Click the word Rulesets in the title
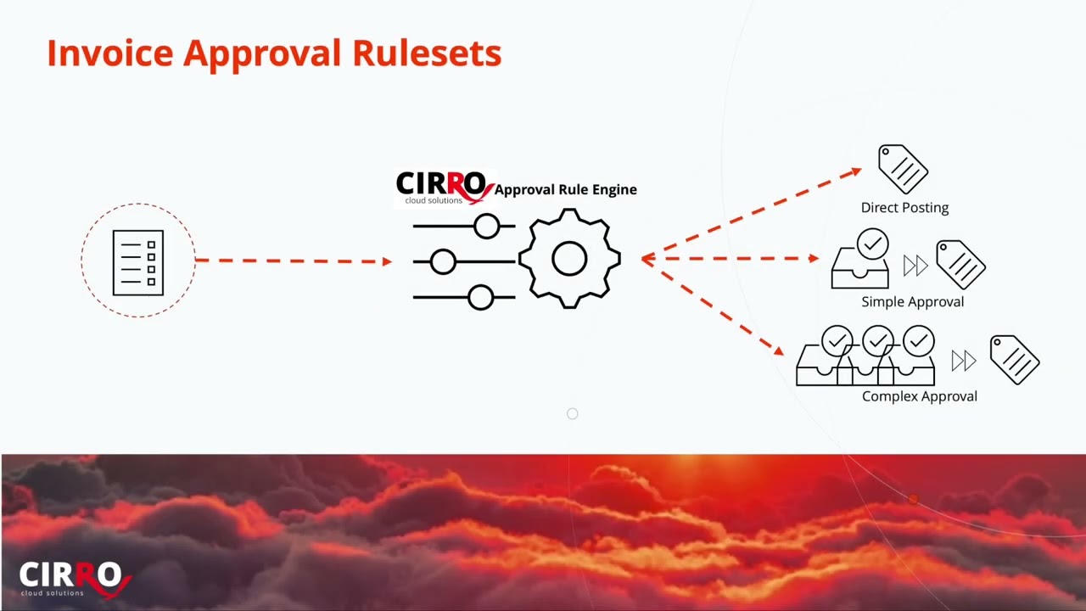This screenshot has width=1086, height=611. pyautogui.click(x=427, y=53)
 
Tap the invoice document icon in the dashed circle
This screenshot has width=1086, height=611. pyautogui.click(x=138, y=262)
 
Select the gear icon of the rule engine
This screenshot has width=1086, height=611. pyautogui.click(x=569, y=259)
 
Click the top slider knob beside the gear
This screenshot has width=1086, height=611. pyautogui.click(x=487, y=226)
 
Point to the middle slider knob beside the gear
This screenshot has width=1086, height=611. pyautogui.click(x=443, y=262)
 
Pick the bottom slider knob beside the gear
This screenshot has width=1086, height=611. pyautogui.click(x=480, y=297)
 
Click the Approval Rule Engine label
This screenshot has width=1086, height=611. pyautogui.click(x=565, y=189)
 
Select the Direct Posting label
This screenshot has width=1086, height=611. pyautogui.click(x=904, y=207)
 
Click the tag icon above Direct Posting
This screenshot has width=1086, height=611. pyautogui.click(x=903, y=169)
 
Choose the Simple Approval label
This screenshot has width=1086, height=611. pyautogui.click(x=912, y=301)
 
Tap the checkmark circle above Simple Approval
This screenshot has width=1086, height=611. pyautogui.click(x=872, y=245)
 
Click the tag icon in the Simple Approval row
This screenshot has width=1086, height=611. pyautogui.click(x=960, y=264)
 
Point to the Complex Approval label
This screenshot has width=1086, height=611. pyautogui.click(x=919, y=395)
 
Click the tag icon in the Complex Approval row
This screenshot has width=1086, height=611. pyautogui.click(x=1015, y=359)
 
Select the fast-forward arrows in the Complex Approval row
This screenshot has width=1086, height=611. pyautogui.click(x=963, y=362)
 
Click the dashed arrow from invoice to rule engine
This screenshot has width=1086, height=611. pyautogui.click(x=293, y=261)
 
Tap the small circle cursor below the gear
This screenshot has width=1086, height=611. pyautogui.click(x=573, y=414)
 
